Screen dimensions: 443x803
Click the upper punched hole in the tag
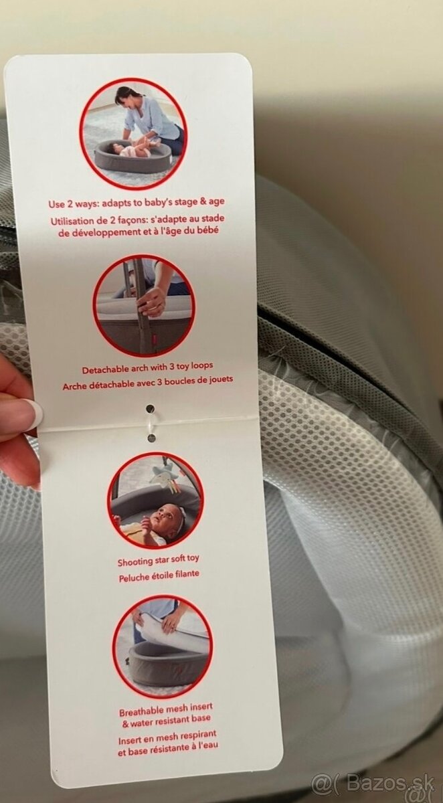150,408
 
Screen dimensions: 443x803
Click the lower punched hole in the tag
151,438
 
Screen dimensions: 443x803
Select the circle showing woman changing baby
132,132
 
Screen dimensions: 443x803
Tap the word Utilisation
72,221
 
